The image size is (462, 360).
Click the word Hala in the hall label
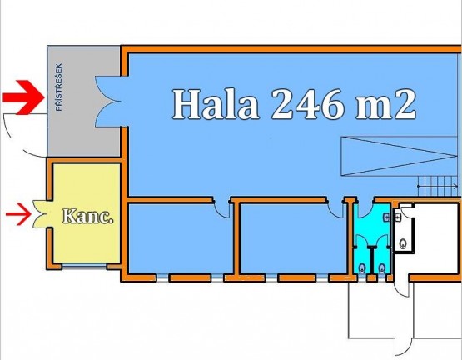click(216, 104)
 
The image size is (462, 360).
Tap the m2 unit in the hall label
click(385, 104)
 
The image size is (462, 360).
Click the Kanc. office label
click(87, 216)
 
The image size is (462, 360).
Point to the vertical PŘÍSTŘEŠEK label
click(59, 87)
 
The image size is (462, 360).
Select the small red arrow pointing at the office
click(18, 214)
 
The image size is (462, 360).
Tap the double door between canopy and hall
click(108, 101)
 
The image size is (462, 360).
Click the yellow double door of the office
click(42, 214)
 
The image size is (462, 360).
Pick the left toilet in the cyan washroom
click(362, 268)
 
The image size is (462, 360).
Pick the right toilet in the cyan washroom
click(382, 268)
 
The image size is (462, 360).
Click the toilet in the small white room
click(403, 243)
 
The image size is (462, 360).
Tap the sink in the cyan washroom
click(386, 217)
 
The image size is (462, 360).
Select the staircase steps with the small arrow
click(438, 186)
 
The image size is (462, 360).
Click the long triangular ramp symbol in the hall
click(400, 157)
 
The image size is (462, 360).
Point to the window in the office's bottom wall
click(84, 267)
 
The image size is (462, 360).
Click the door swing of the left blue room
click(221, 210)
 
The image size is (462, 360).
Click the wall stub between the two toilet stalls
click(372, 260)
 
